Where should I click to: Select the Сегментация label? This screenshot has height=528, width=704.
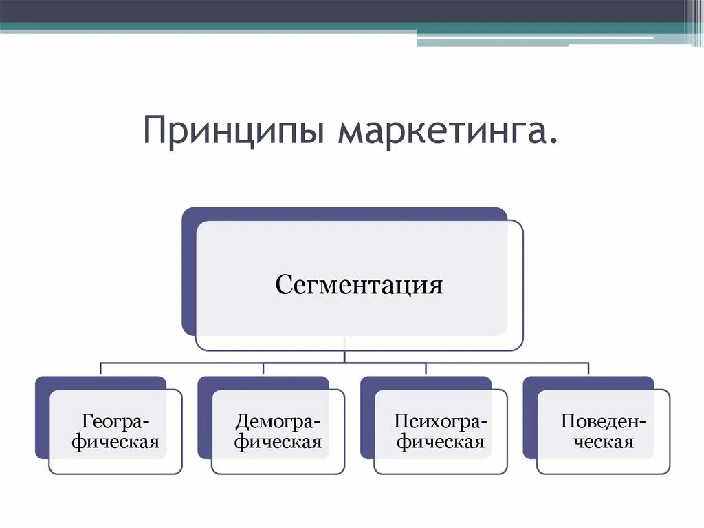pyautogui.click(x=359, y=284)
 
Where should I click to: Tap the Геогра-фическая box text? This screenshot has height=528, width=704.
pyautogui.click(x=115, y=431)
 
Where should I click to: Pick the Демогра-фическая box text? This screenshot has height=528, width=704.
pyautogui.click(x=278, y=431)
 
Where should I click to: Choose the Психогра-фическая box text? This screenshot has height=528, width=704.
pyautogui.click(x=441, y=431)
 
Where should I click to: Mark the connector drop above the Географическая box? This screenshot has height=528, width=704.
pyautogui.click(x=101, y=368)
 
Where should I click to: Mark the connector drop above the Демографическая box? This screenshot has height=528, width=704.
pyautogui.click(x=263, y=368)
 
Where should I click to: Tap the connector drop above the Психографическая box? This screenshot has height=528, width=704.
pyautogui.click(x=426, y=368)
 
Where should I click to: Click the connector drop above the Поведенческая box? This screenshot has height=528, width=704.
pyautogui.click(x=588, y=368)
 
